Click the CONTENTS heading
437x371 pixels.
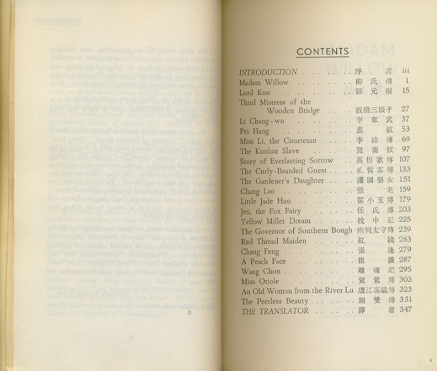(x=322, y=52)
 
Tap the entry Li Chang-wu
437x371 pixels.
(x=261, y=121)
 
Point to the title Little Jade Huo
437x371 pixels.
(x=266, y=201)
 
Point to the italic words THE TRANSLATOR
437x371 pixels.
(x=274, y=311)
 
